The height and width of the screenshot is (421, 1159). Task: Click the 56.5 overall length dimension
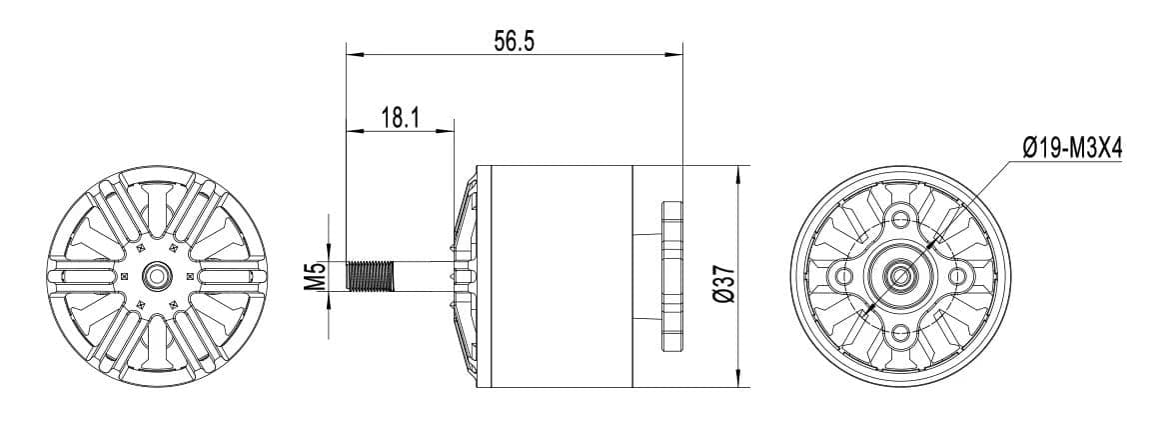click(515, 41)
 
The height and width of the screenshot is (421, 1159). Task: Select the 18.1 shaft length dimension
click(400, 117)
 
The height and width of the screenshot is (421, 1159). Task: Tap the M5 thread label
click(315, 275)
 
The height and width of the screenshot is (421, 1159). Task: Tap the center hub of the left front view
click(156, 275)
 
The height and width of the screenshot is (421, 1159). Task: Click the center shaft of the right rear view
click(900, 275)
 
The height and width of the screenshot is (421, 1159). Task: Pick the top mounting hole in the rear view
click(900, 218)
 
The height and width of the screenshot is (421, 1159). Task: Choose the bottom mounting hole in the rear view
click(900, 332)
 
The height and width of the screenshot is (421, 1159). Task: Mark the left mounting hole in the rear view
click(844, 275)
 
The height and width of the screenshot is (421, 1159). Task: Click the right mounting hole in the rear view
click(957, 275)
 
